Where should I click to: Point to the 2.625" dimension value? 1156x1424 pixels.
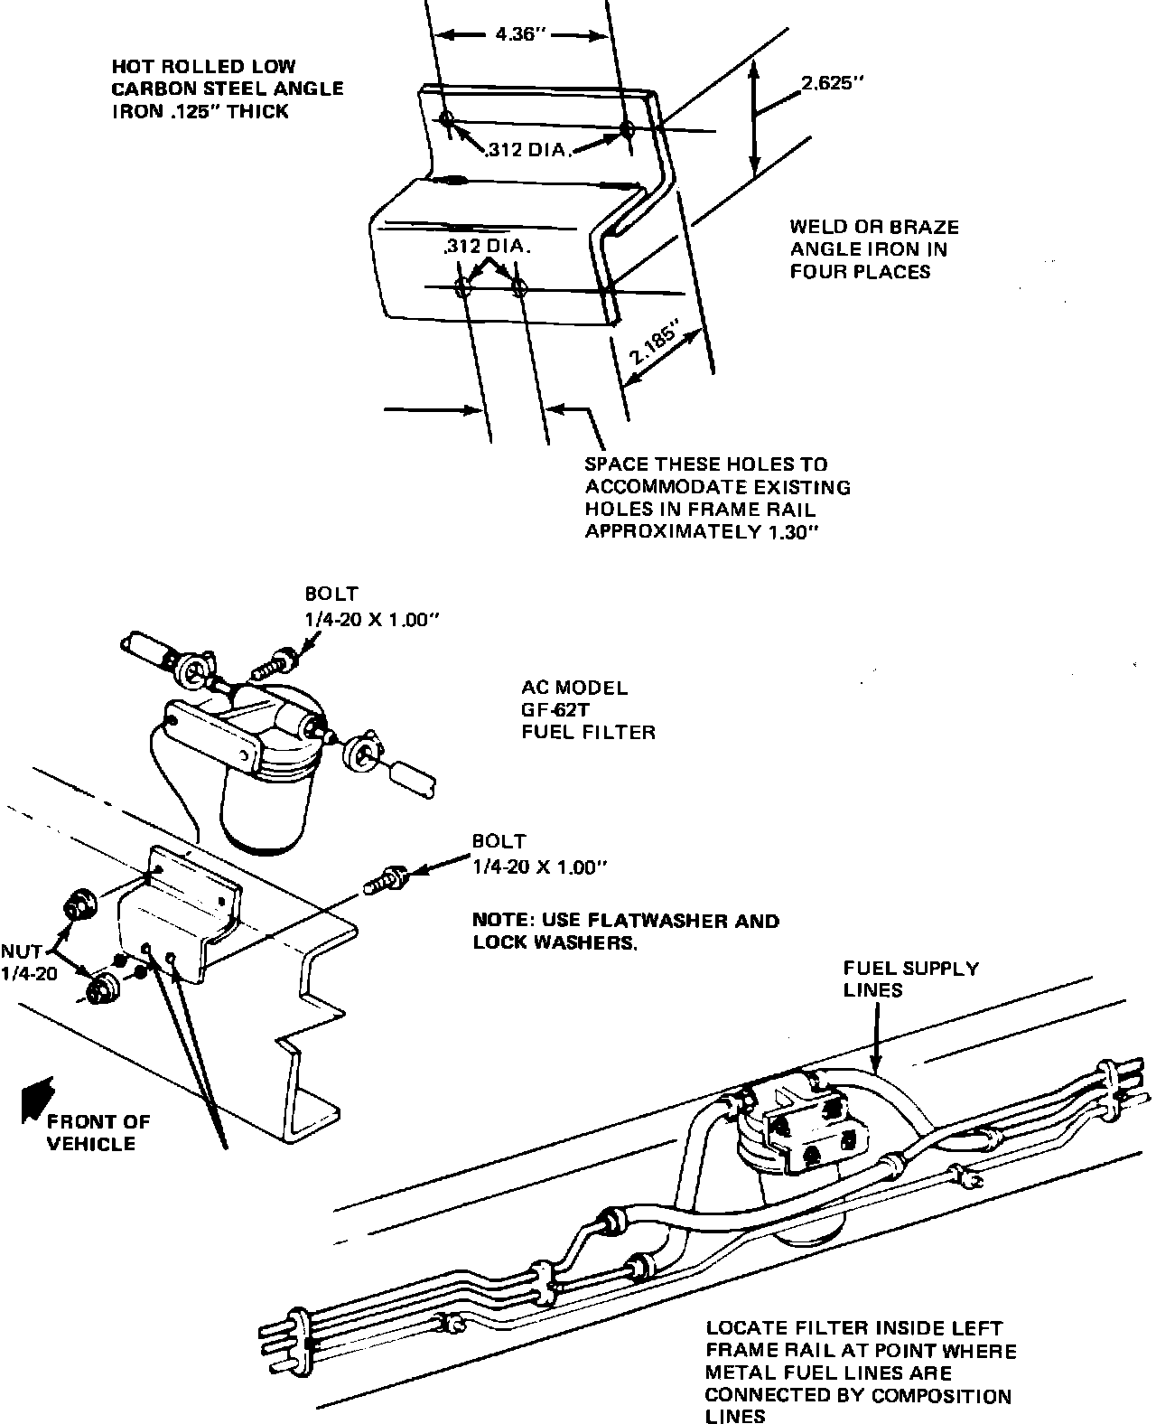(832, 84)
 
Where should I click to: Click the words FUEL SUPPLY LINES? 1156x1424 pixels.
(910, 979)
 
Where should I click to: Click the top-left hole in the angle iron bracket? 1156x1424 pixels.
(447, 118)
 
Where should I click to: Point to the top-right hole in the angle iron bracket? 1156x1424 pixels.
(627, 131)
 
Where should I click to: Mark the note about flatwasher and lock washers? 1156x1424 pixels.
(625, 932)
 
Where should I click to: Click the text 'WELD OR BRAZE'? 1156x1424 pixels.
(873, 227)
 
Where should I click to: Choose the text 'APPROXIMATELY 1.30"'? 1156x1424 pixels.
(702, 531)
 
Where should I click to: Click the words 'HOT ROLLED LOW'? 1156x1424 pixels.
(203, 67)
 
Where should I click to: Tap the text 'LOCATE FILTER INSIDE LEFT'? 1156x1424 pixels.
(853, 1328)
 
